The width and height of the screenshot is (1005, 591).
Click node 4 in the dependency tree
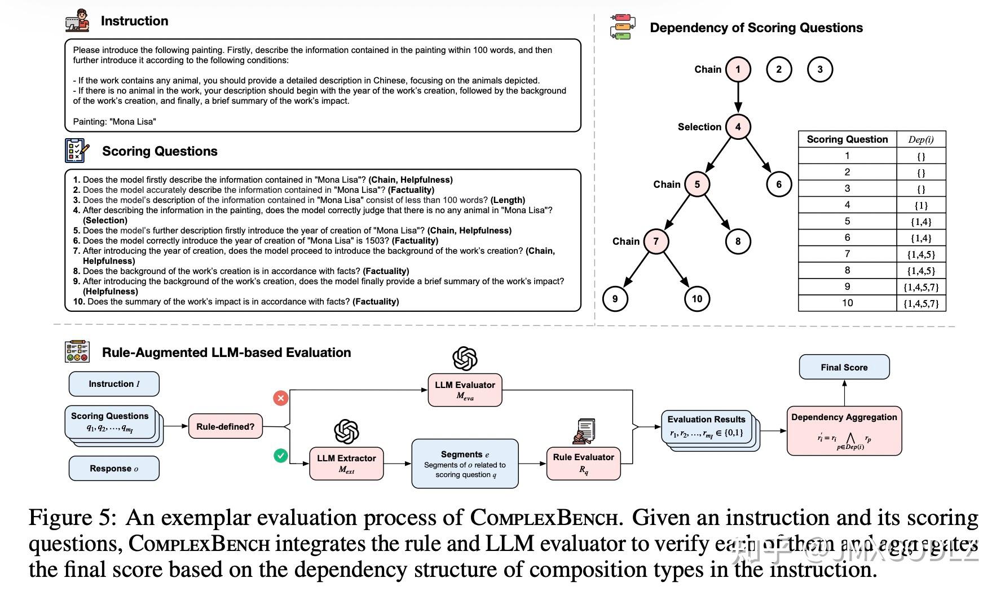click(x=738, y=127)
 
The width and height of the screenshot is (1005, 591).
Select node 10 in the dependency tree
click(x=697, y=299)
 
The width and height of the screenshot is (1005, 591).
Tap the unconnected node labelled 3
click(x=820, y=69)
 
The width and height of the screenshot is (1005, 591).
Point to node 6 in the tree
click(x=779, y=184)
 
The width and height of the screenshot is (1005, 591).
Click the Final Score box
click(x=844, y=367)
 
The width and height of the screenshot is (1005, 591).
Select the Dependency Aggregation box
click(x=844, y=431)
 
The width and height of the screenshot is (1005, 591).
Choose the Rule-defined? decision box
click(x=225, y=427)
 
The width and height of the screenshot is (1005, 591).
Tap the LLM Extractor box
click(x=346, y=464)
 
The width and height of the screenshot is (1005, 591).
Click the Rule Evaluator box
click(x=583, y=463)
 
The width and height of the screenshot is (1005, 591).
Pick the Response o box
click(x=114, y=469)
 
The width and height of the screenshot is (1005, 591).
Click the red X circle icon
click(x=281, y=398)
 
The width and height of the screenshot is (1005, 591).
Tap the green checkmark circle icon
click(x=281, y=455)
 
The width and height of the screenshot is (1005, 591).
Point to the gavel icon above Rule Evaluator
click(x=584, y=431)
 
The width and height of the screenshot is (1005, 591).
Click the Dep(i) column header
click(x=920, y=139)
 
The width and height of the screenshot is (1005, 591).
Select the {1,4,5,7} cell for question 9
click(x=920, y=287)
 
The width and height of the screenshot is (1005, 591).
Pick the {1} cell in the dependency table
click(x=920, y=205)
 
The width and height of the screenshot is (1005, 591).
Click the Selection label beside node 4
click(x=699, y=127)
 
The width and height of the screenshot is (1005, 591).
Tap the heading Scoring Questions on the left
click(x=160, y=151)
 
